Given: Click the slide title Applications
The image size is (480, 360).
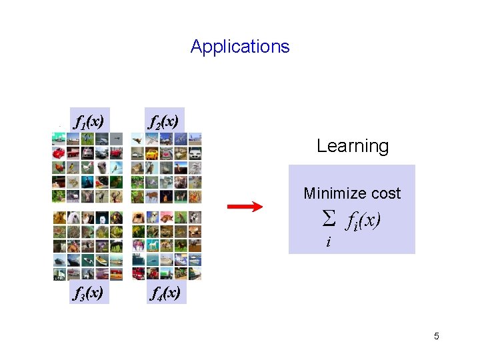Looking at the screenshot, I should [x=240, y=47].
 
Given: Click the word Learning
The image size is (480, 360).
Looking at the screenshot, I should [x=353, y=146].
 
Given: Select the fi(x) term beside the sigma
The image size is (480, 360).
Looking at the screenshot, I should [x=363, y=220].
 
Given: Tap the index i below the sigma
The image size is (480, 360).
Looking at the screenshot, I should [x=328, y=242].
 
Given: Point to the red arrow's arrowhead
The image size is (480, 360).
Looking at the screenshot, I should [x=258, y=207].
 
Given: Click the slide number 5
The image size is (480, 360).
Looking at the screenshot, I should [x=437, y=336].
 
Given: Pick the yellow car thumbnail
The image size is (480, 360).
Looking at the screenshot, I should [x=152, y=153].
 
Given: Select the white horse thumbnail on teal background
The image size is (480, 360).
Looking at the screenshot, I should [x=152, y=244].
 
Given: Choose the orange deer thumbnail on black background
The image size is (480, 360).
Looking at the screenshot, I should [x=152, y=196].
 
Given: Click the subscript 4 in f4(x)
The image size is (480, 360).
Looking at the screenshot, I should [x=161, y=295].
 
